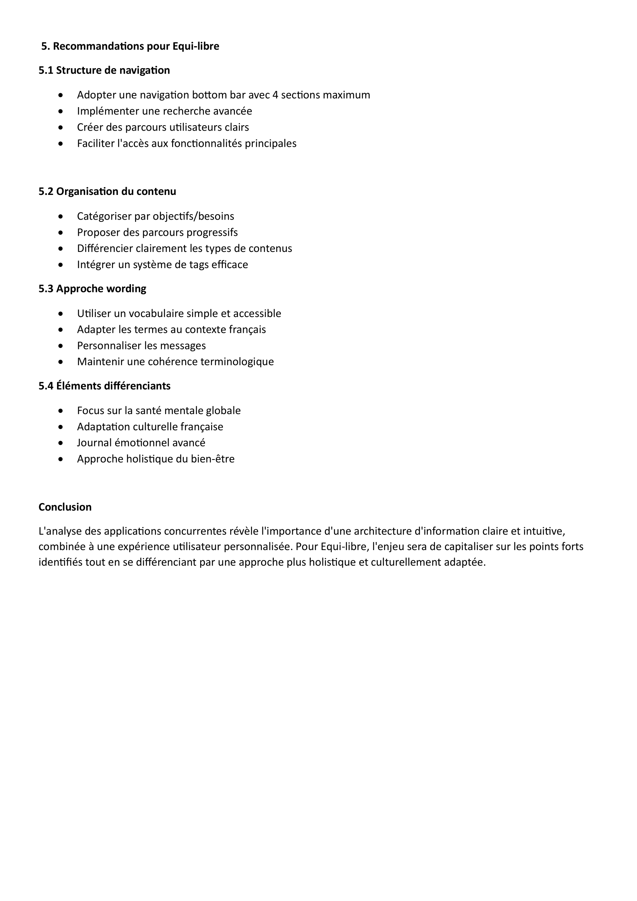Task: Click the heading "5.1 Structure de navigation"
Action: [x=104, y=70]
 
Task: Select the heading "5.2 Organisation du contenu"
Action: [x=107, y=191]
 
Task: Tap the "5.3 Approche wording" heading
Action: [x=92, y=289]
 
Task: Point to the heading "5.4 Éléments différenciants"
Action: [x=104, y=386]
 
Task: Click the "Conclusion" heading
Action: [x=65, y=507]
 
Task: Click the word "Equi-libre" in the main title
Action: [x=196, y=46]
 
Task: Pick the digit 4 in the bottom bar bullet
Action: [x=275, y=95]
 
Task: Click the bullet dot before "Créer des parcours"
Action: [x=60, y=128]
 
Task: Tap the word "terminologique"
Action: [x=237, y=362]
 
